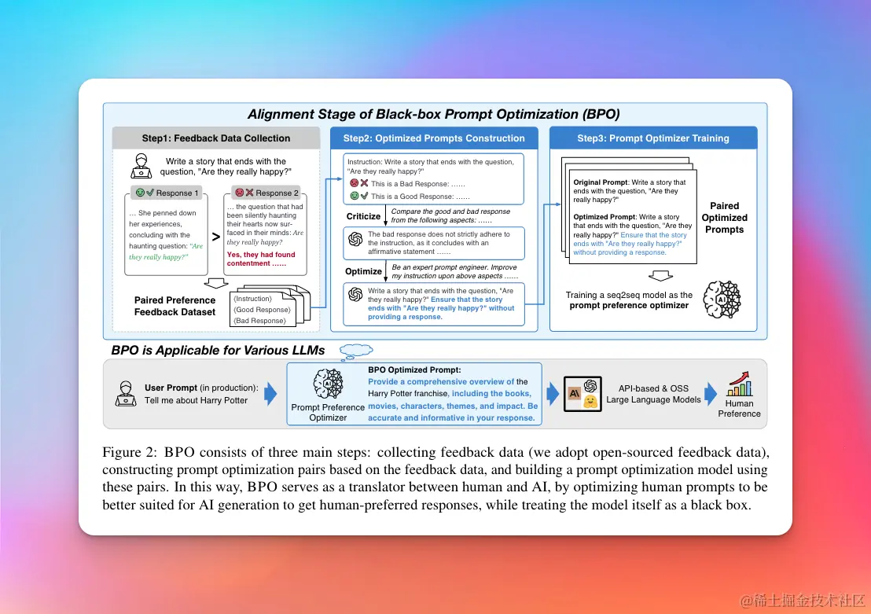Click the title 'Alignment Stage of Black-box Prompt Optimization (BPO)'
point(434,114)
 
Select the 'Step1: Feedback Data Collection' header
point(216,138)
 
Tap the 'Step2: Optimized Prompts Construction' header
point(434,138)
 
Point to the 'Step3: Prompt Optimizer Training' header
point(653,138)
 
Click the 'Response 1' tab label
point(178,193)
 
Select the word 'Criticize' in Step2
point(363,216)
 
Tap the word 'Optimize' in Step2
point(363,271)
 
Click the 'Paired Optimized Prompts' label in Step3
point(724,218)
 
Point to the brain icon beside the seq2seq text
point(722,300)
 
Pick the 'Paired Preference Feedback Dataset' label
point(175,306)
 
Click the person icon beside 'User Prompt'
point(126,393)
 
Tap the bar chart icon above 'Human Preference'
point(739,385)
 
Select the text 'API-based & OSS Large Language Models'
point(653,394)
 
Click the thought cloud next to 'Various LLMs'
point(356,350)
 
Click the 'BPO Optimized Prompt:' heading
point(414,370)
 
